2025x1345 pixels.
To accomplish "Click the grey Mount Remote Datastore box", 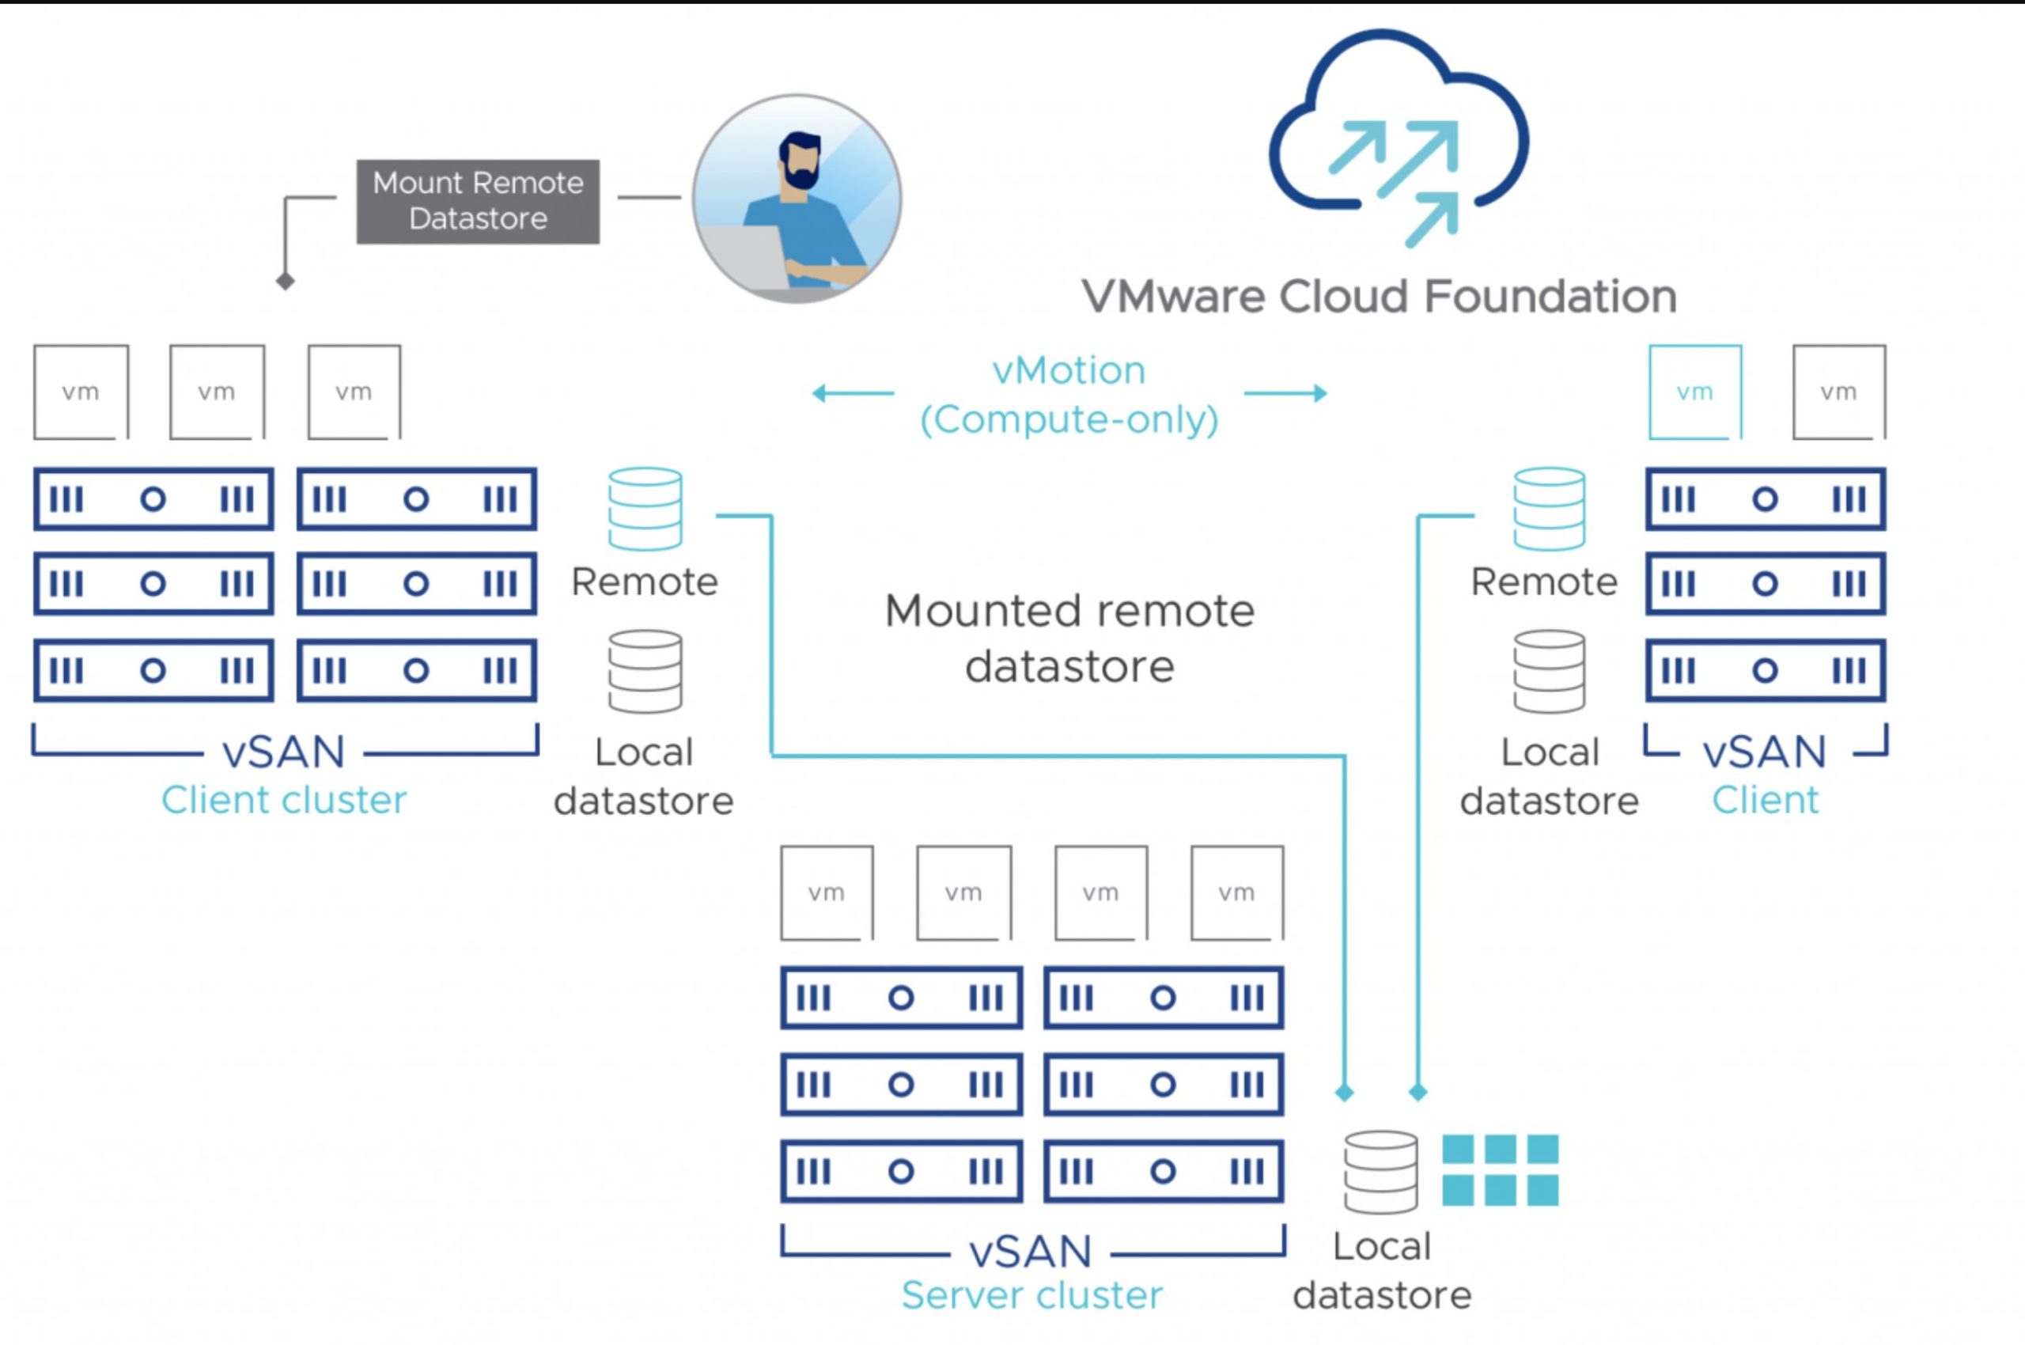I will point(478,202).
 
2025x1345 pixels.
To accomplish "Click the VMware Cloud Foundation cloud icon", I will point(1398,137).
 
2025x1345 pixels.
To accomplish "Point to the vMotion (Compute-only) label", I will point(1069,396).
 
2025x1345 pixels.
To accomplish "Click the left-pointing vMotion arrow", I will point(853,394).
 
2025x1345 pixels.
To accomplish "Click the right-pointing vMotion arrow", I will point(1285,394).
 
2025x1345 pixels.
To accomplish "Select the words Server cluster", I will point(1031,1295).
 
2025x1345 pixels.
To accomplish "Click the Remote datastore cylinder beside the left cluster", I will point(645,509).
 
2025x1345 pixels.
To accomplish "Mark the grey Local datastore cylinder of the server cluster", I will point(1380,1172).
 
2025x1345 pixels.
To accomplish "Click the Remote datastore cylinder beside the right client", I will point(1549,509).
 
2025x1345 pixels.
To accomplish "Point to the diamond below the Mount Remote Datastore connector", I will point(286,281).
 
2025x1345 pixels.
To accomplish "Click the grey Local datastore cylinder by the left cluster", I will point(645,672).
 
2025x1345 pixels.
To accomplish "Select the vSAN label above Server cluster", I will point(1031,1252).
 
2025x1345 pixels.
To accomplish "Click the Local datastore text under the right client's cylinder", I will point(1549,776).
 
